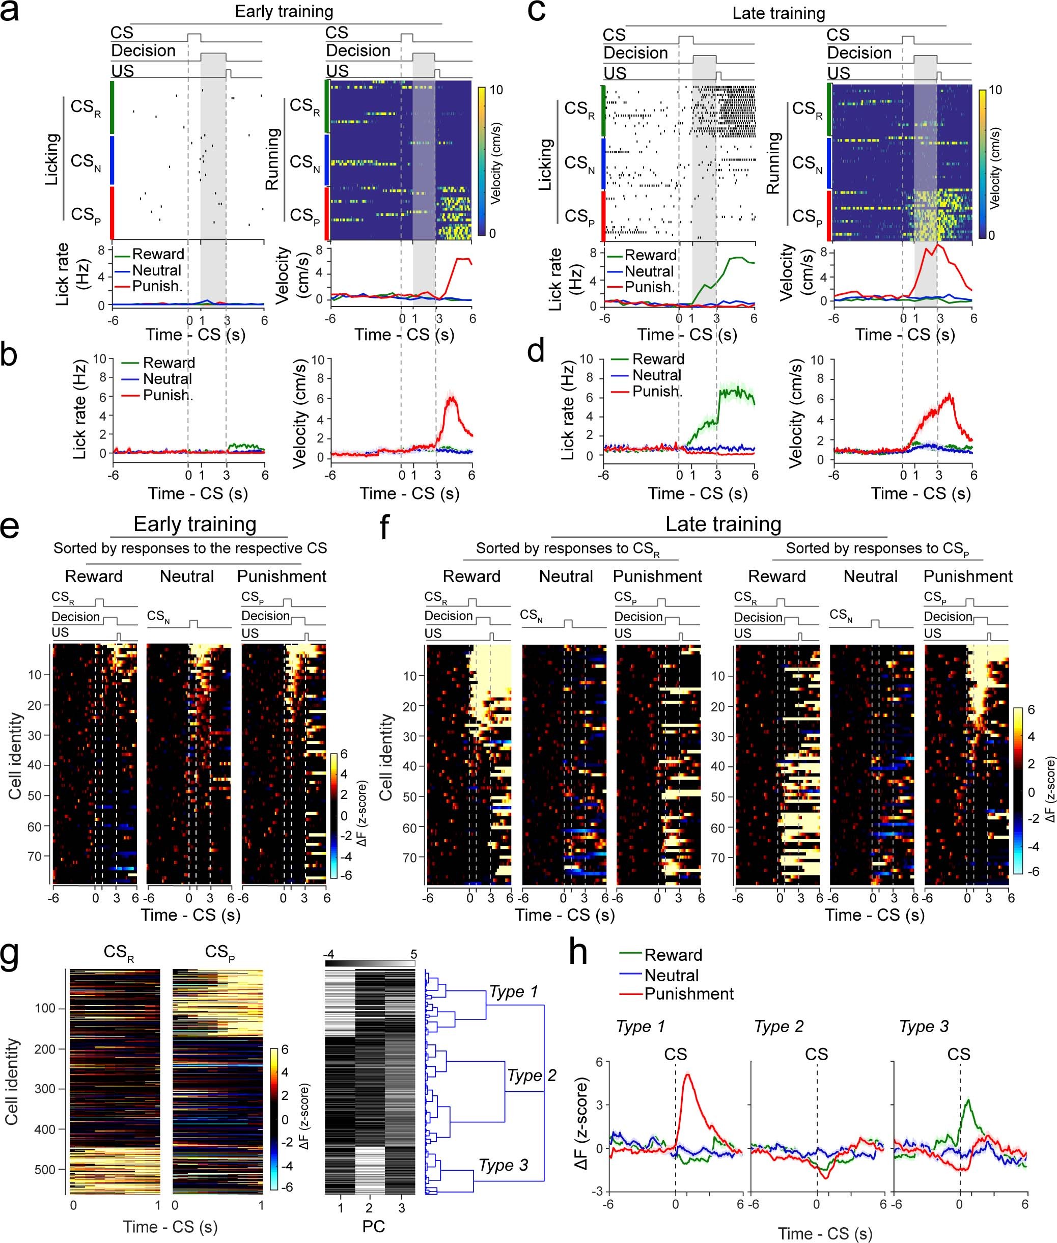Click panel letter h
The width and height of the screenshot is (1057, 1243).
(x=578, y=953)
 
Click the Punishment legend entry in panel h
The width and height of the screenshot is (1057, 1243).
(x=688, y=993)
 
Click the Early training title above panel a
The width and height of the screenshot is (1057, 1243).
(x=284, y=11)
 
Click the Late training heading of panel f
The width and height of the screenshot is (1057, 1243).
(x=722, y=524)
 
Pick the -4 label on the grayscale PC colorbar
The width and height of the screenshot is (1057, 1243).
(x=328, y=954)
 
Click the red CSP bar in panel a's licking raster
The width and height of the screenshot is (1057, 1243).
(x=112, y=213)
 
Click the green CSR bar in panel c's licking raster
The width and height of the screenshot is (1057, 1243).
(x=604, y=111)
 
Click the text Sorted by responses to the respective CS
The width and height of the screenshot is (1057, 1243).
(x=190, y=548)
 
